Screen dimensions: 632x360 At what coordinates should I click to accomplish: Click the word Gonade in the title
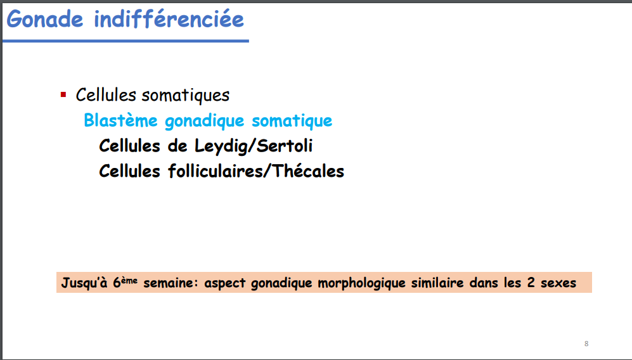(45, 20)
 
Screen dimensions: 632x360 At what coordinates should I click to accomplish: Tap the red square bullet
(63, 94)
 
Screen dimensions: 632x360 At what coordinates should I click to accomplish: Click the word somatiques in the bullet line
(185, 96)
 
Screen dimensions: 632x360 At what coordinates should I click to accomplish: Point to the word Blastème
(120, 120)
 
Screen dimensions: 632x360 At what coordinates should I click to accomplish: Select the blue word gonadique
(205, 121)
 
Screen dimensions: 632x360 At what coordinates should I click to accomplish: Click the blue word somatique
(292, 121)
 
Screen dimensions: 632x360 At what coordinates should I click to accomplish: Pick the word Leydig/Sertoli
(254, 146)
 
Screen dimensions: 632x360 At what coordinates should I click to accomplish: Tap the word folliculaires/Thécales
(256, 171)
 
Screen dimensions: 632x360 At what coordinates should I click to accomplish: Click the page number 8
(586, 344)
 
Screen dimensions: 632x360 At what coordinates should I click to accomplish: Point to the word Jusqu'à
(84, 283)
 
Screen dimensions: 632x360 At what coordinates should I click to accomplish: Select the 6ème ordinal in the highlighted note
(125, 282)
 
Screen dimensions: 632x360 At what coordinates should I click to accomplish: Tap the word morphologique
(361, 283)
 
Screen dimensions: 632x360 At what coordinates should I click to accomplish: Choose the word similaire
(437, 283)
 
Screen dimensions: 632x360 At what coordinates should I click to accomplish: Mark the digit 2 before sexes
(531, 283)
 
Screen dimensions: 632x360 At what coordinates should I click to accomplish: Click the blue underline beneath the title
(126, 41)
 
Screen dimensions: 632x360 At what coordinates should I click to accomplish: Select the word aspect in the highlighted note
(224, 283)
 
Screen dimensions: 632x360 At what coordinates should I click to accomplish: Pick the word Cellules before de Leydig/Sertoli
(129, 146)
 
